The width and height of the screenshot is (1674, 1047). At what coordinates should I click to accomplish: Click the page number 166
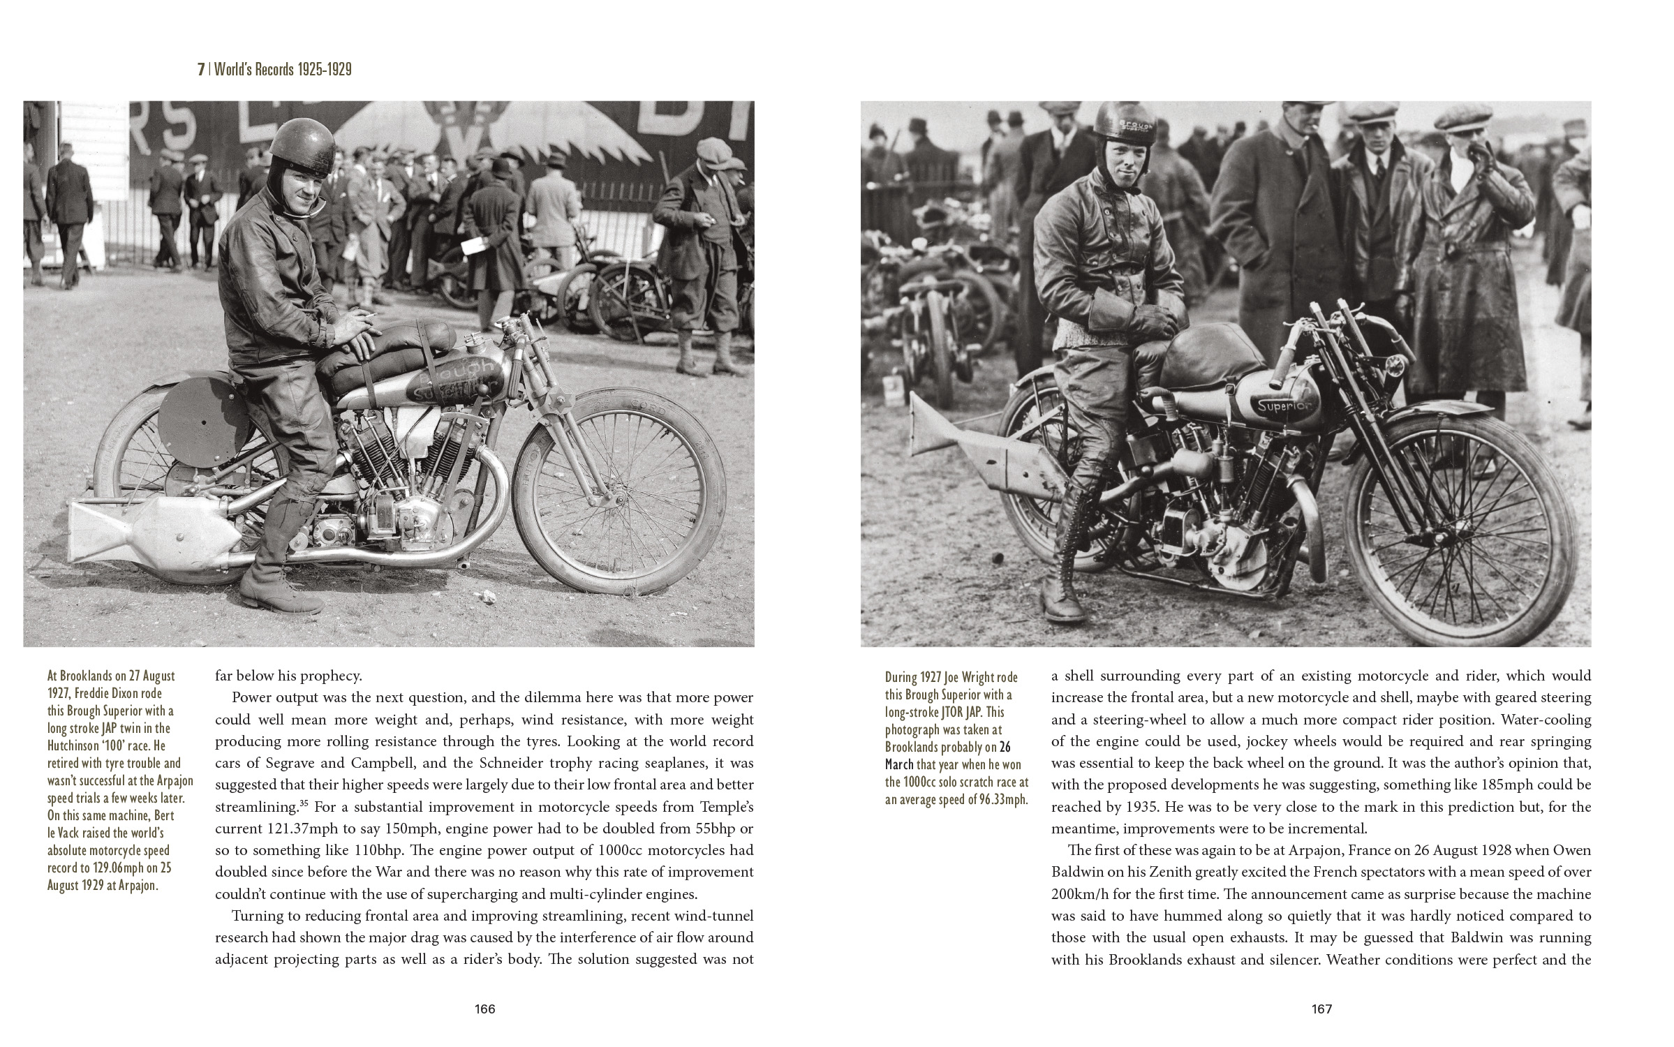(x=484, y=1009)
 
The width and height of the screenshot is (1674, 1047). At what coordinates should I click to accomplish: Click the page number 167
(x=1322, y=1009)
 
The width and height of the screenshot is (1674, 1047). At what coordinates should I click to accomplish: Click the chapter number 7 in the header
(x=201, y=70)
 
